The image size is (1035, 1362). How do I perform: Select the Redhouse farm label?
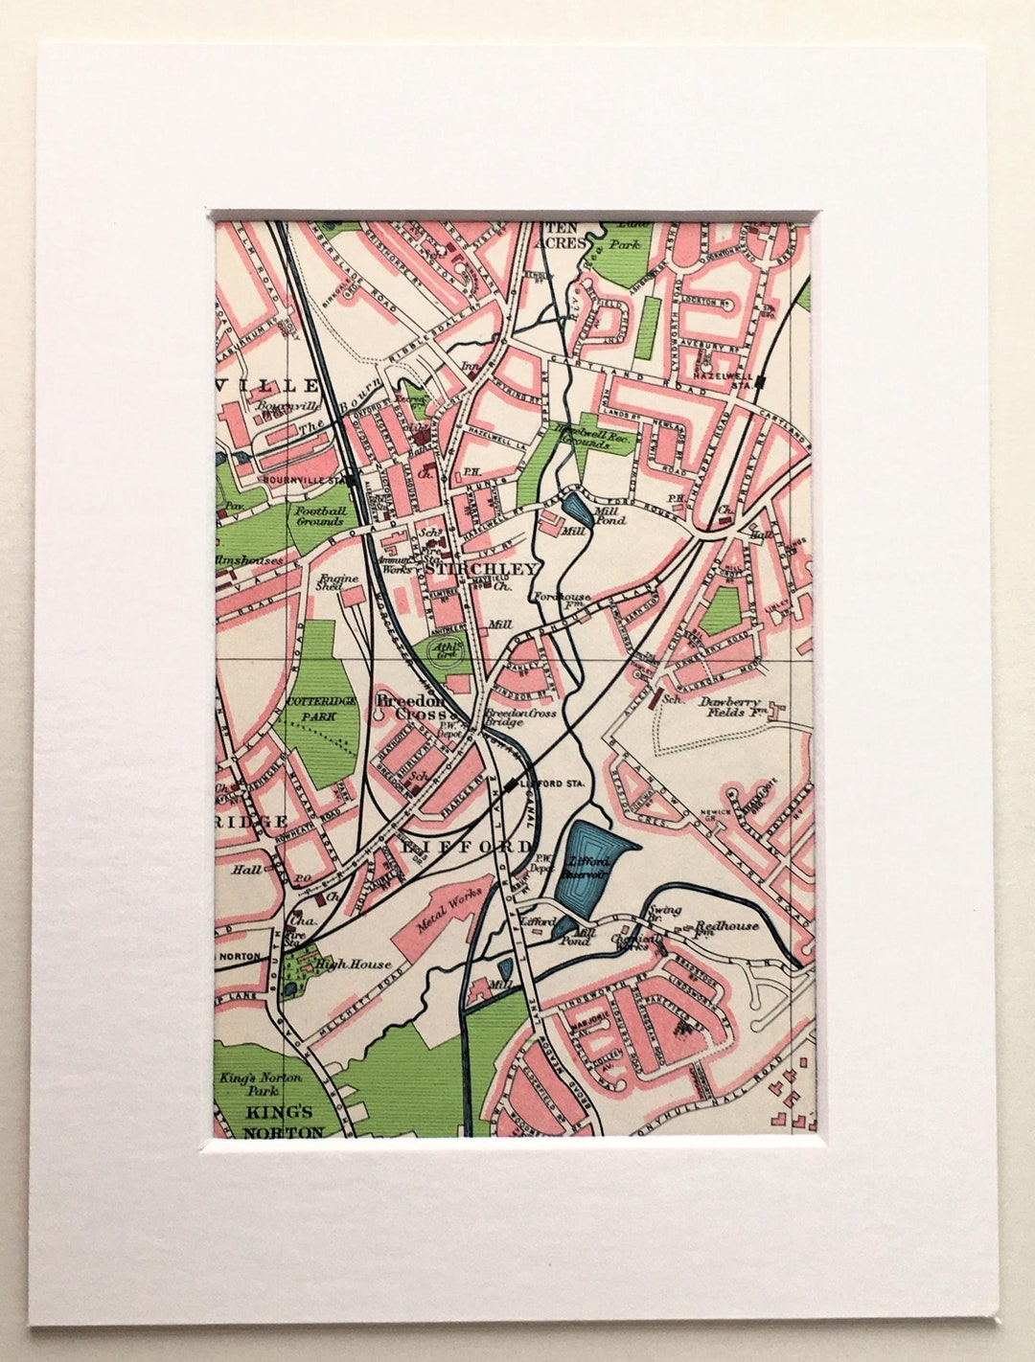[x=726, y=925]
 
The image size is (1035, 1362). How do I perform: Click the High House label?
[x=343, y=965]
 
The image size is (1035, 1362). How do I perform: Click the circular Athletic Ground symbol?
[x=446, y=650]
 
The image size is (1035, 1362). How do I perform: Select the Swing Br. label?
[x=664, y=914]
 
